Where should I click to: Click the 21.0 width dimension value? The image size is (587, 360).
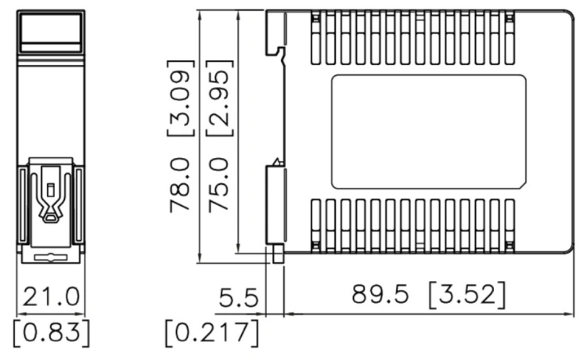coord(52,297)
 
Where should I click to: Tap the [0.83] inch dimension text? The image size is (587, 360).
coord(52,333)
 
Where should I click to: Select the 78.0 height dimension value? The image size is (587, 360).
coord(180,185)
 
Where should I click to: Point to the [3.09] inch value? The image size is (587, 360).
coord(181,98)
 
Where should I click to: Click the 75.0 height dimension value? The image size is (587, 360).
coord(218,185)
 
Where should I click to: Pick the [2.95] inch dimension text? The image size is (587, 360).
coord(220,98)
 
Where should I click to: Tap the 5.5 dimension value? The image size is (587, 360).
coord(239,298)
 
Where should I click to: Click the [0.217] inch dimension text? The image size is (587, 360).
coord(212,333)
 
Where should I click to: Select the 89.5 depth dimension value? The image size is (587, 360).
coord(380,293)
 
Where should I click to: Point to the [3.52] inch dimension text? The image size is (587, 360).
coord(467,295)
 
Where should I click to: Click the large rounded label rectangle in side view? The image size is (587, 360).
coord(429,131)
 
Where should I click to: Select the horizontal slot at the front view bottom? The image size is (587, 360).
coord(51,257)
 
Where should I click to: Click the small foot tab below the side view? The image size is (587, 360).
coord(278,254)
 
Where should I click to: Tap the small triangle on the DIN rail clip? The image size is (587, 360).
coord(276,162)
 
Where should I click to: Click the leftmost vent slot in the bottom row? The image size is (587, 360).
coord(316,226)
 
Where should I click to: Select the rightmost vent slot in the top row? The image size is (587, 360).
coord(510,38)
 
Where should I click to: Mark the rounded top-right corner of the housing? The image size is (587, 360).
coord(570,14)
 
